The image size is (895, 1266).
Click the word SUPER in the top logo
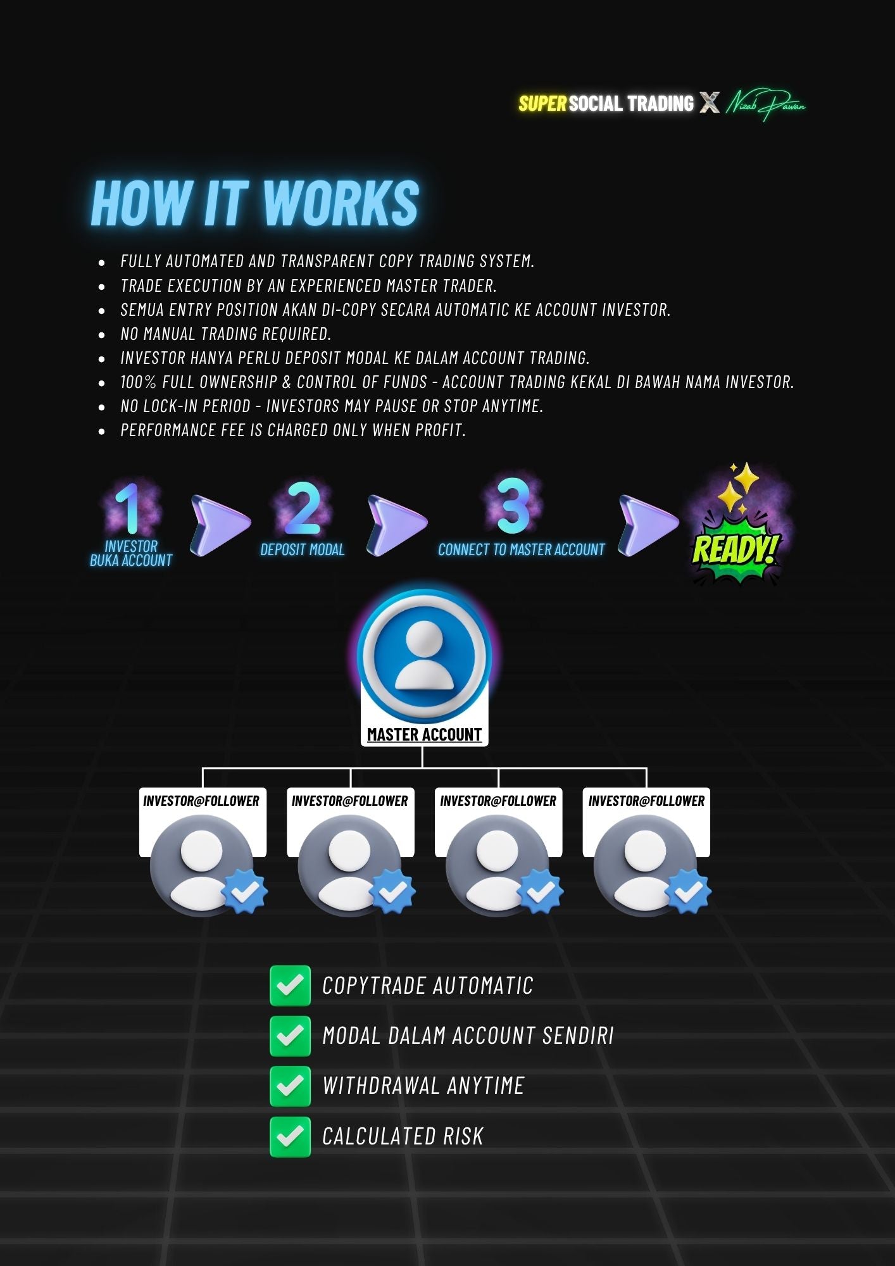click(x=542, y=104)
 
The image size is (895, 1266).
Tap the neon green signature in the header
click(x=765, y=104)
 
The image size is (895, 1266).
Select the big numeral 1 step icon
click(x=130, y=509)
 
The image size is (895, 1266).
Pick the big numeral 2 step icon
click(x=303, y=508)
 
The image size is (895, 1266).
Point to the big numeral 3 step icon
click(x=513, y=506)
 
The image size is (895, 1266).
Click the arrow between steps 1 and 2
click(x=219, y=525)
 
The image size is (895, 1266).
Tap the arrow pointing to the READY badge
click(x=647, y=525)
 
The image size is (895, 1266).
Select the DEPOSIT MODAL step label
click(x=303, y=550)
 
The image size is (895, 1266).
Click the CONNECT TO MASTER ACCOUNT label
click(x=521, y=550)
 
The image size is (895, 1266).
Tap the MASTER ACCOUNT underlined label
click(x=424, y=735)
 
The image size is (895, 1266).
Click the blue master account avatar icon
click(x=424, y=655)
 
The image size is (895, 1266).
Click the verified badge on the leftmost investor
click(x=244, y=891)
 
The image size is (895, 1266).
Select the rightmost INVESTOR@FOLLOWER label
click(x=646, y=801)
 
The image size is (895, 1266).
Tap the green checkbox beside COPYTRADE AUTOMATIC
click(x=290, y=986)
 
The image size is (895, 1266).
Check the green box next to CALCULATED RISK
click(x=290, y=1137)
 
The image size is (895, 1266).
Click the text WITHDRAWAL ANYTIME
click(x=423, y=1086)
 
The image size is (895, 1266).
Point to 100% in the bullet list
click(x=139, y=382)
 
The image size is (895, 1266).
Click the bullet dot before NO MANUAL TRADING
click(x=102, y=334)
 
